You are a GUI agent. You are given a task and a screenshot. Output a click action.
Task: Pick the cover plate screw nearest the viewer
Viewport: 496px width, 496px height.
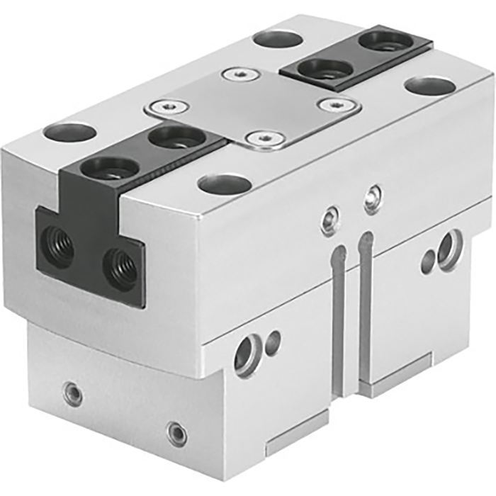[x=264, y=137]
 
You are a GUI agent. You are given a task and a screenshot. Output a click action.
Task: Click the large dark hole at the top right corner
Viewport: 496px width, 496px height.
[x=430, y=86]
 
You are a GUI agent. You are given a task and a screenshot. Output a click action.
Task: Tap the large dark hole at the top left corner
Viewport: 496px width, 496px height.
[x=69, y=132]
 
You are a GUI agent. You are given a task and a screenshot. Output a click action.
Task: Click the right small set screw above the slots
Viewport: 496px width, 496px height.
[x=373, y=199]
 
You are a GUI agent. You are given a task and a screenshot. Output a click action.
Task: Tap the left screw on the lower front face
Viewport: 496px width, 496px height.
[x=72, y=393]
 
